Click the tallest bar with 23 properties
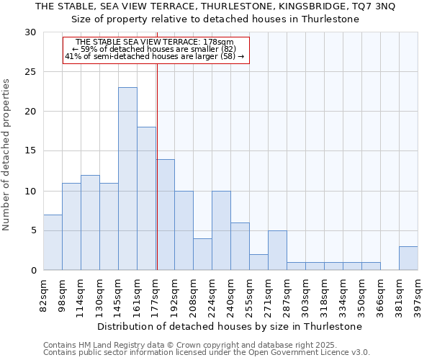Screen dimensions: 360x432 [x=127, y=179]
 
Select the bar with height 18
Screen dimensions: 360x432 [x=146, y=199]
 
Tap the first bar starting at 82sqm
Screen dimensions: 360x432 [x=53, y=242]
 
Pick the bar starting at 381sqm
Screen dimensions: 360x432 [x=408, y=258]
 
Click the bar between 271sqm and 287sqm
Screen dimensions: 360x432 [x=277, y=250]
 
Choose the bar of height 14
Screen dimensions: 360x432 [x=165, y=215]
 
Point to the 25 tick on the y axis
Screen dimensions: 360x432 [x=30, y=72]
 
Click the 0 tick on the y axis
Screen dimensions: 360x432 [x=33, y=271]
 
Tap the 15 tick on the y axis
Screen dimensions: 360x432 [x=30, y=151]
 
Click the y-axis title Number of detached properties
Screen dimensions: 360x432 [x=7, y=155]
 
